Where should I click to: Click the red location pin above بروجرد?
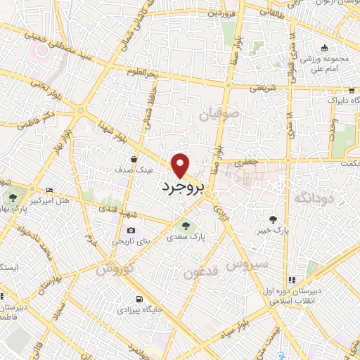(181, 165)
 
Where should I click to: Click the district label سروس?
(245, 265)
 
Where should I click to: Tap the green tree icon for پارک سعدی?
(186, 226)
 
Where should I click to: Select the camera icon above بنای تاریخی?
(131, 231)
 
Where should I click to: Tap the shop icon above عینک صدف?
(134, 160)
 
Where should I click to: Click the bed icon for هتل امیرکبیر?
(49, 191)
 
